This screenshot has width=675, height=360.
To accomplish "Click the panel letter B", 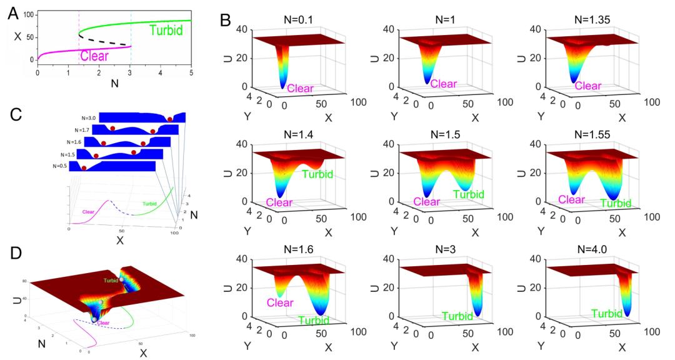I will pyautogui.click(x=228, y=17).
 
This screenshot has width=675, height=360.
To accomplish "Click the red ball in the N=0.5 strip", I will pyautogui.click(x=83, y=167).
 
